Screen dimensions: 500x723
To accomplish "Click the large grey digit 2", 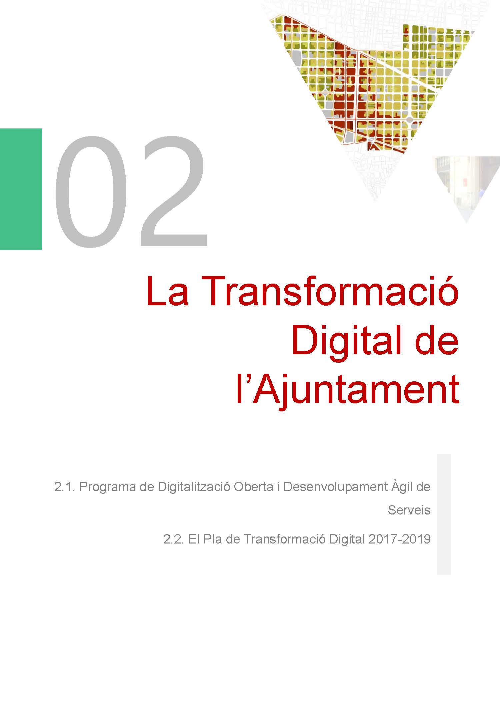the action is [173, 191].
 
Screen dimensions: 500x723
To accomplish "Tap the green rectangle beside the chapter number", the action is [21, 189].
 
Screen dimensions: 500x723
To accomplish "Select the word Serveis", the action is [409, 510].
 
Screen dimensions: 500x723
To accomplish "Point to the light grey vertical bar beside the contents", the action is [444, 514].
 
